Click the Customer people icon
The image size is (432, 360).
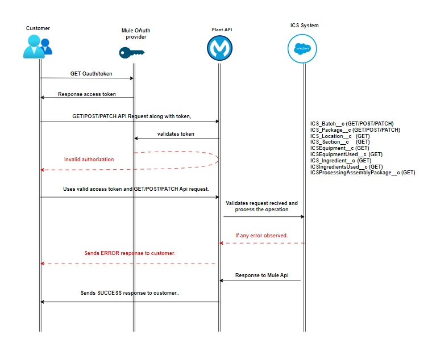tap(38, 47)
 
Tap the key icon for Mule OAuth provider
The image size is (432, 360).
tap(131, 53)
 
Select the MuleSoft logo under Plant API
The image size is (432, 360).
tap(219, 49)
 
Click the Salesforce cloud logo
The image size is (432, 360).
tap(302, 48)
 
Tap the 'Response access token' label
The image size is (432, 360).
tap(87, 94)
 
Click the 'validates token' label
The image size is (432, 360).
tap(176, 134)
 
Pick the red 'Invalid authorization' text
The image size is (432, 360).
tap(89, 160)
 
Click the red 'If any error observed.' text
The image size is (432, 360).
tap(261, 235)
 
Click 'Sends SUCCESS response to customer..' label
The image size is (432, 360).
tap(130, 294)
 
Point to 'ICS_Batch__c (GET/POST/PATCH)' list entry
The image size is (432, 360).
tap(351, 123)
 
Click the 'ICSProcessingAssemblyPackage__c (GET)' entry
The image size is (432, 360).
tap(362, 173)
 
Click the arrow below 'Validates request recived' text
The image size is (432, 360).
tap(263, 216)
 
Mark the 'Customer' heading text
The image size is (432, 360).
tap(38, 28)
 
